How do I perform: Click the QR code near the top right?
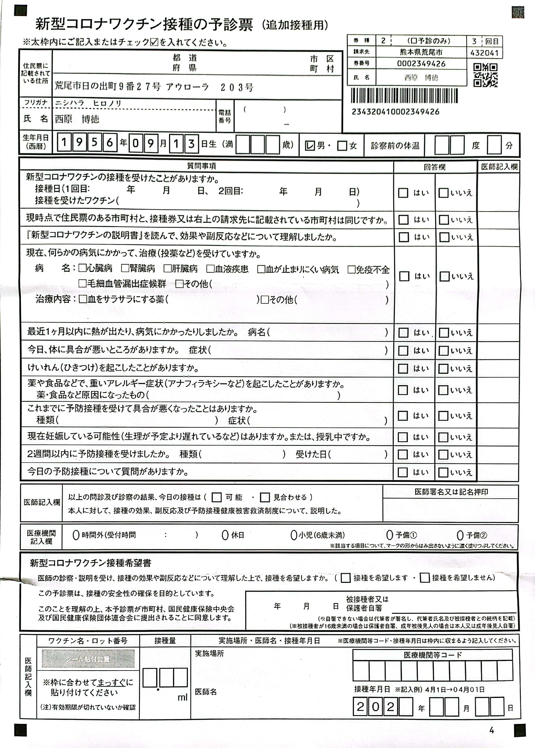(x=485, y=75)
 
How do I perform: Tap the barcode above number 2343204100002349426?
(x=404, y=96)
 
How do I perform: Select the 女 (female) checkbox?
(x=342, y=145)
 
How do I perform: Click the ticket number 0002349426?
(x=421, y=63)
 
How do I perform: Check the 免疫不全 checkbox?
(x=351, y=269)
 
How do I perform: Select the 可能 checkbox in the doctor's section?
(x=216, y=497)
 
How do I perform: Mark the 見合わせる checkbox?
(x=265, y=497)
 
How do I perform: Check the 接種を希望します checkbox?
(x=345, y=578)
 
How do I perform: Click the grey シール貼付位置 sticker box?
(x=88, y=659)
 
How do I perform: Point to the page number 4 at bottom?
(x=492, y=730)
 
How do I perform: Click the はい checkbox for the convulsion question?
(x=403, y=368)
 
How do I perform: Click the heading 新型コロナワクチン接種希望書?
(x=91, y=563)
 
